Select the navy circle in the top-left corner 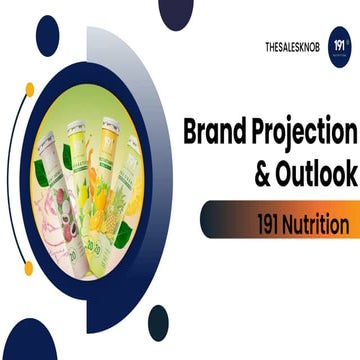coord(47,35)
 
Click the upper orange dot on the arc coord(29,89)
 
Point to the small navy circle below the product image coord(158,321)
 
